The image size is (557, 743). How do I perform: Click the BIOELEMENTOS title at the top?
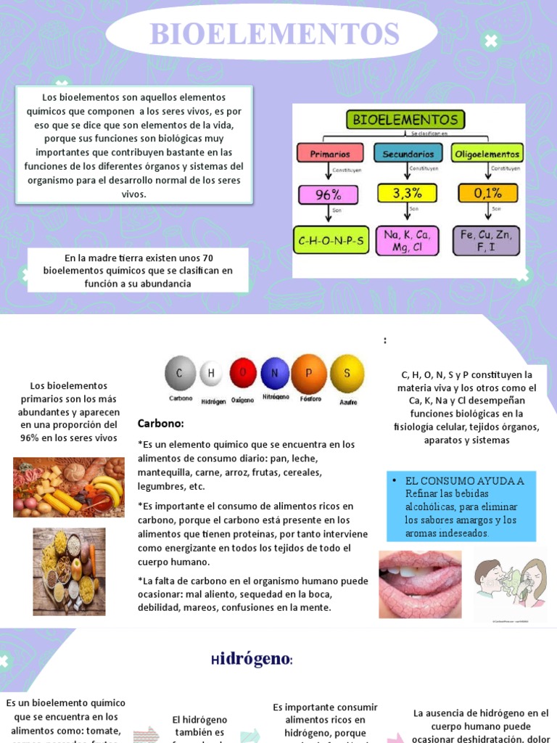point(274,34)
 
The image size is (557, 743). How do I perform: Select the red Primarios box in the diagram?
point(330,154)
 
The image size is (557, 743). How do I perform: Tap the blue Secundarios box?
point(408,154)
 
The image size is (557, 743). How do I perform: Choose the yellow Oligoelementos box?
point(486,154)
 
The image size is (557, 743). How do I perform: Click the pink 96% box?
point(328,194)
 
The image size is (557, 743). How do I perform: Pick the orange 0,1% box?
point(487,193)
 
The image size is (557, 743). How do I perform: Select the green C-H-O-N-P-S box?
point(331,240)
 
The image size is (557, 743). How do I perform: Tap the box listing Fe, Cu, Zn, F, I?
point(487,240)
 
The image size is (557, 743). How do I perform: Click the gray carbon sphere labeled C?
point(181,374)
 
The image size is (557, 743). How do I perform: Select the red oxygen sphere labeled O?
point(243,373)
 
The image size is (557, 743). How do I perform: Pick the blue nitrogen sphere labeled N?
point(275,373)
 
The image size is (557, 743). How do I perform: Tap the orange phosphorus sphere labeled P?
point(309,373)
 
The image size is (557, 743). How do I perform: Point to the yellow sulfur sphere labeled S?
point(347,373)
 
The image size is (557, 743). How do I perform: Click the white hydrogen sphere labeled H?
point(211,374)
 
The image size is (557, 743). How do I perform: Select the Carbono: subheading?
point(160,424)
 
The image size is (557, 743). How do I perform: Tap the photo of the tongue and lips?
point(420,583)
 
